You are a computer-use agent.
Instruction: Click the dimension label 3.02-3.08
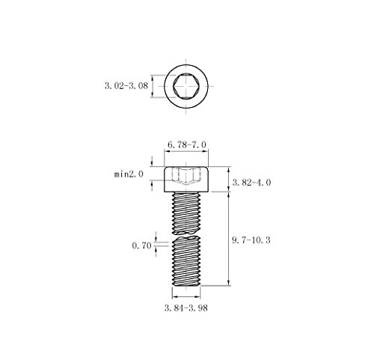(125, 86)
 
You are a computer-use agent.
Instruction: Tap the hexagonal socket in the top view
(187, 87)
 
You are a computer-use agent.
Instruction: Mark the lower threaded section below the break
(187, 262)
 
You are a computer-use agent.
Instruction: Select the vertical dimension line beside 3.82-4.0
(228, 177)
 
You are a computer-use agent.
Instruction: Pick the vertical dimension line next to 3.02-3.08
(154, 87)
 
